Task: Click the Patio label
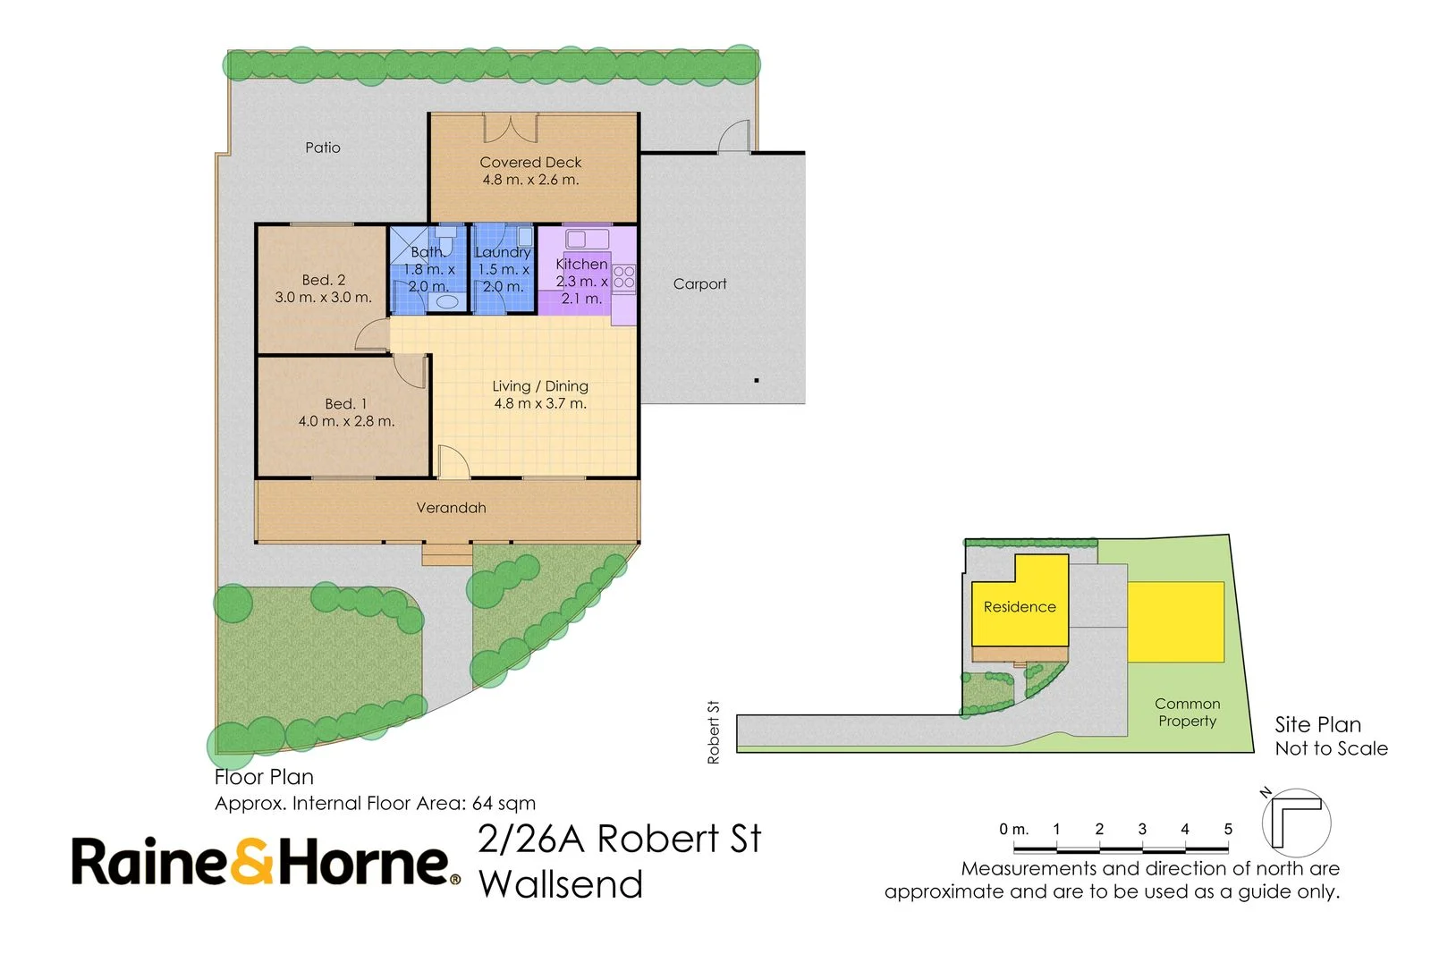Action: (x=322, y=148)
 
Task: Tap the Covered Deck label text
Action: (x=530, y=163)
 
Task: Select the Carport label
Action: (x=699, y=284)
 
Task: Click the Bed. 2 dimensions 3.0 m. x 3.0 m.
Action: (x=323, y=298)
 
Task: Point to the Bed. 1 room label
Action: (x=345, y=404)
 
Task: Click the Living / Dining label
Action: (x=540, y=386)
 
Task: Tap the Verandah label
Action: (x=451, y=508)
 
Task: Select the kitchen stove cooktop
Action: (x=623, y=277)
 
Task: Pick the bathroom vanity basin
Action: (x=447, y=302)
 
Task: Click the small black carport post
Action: (x=757, y=381)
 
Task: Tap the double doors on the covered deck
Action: (x=511, y=128)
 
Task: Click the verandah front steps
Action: (x=446, y=554)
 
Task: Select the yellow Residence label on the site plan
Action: (x=1020, y=607)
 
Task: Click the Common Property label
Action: (x=1187, y=713)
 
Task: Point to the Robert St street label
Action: (x=713, y=732)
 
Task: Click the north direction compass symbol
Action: (x=1295, y=821)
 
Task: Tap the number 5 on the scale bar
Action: (x=1228, y=830)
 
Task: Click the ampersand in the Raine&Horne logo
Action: (x=254, y=863)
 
